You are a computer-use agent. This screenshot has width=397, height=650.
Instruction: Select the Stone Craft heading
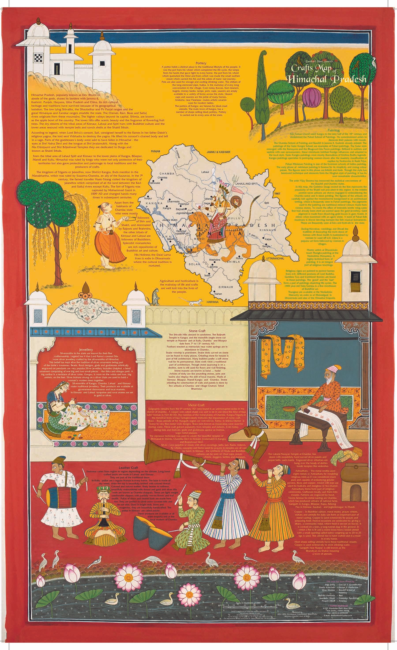click(x=197, y=331)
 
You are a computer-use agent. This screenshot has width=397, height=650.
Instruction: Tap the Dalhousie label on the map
click(x=154, y=183)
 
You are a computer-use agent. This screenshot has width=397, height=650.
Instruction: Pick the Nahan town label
click(x=218, y=294)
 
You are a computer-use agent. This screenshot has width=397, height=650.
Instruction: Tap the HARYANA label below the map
click(x=213, y=302)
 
